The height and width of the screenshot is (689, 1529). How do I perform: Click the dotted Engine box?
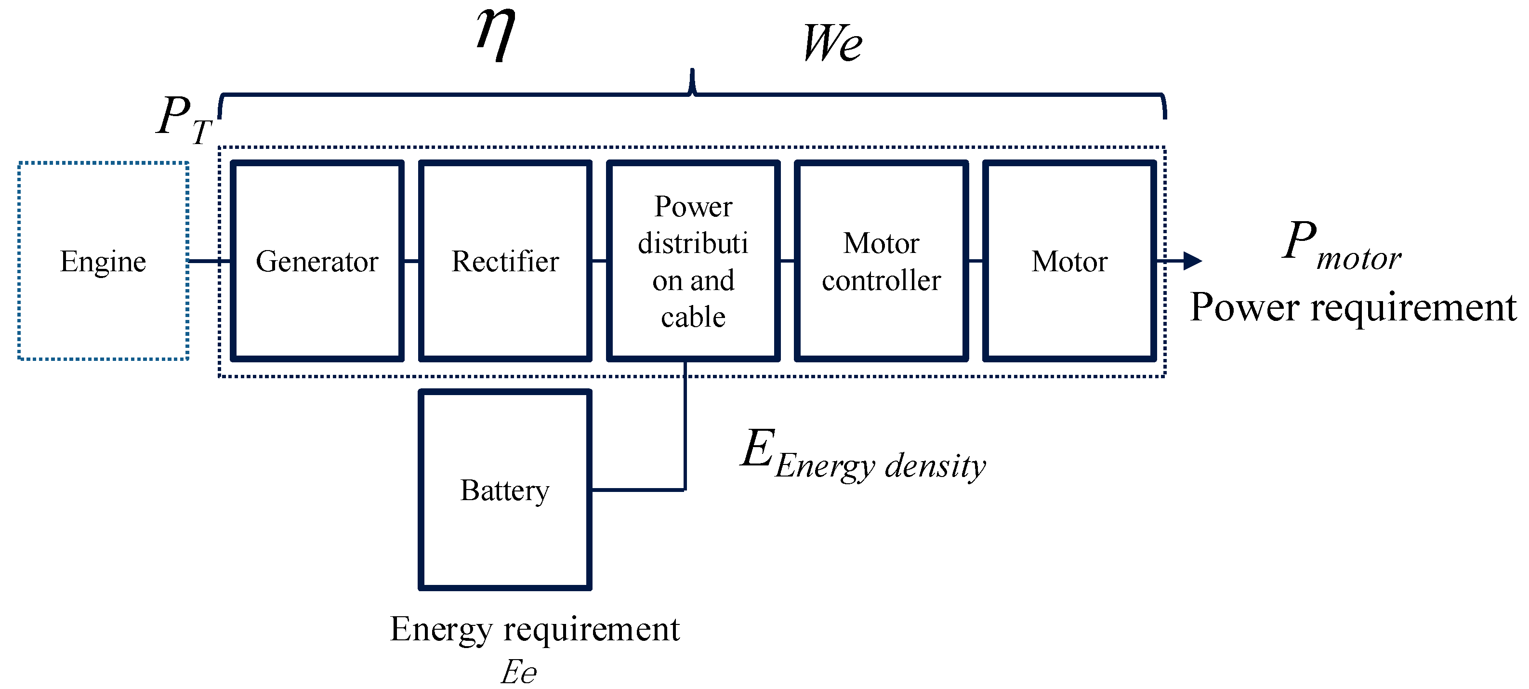103,261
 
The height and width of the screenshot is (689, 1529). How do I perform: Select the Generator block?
317,261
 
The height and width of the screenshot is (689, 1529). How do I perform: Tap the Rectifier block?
505,261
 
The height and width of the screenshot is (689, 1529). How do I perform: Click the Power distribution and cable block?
693,261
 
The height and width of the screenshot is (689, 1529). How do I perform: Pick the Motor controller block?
882,261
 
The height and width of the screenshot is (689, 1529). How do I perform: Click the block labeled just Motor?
1069,261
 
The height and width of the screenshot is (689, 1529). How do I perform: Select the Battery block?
505,490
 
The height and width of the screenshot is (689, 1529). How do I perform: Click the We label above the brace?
832,43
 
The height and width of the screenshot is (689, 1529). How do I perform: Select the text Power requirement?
1353,307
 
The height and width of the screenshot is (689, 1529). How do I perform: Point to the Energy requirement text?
535,629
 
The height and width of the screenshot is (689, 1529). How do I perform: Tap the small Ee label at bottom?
519,673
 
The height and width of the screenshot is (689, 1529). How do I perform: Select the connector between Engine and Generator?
209,261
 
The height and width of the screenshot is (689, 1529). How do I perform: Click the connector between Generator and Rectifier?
411,261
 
